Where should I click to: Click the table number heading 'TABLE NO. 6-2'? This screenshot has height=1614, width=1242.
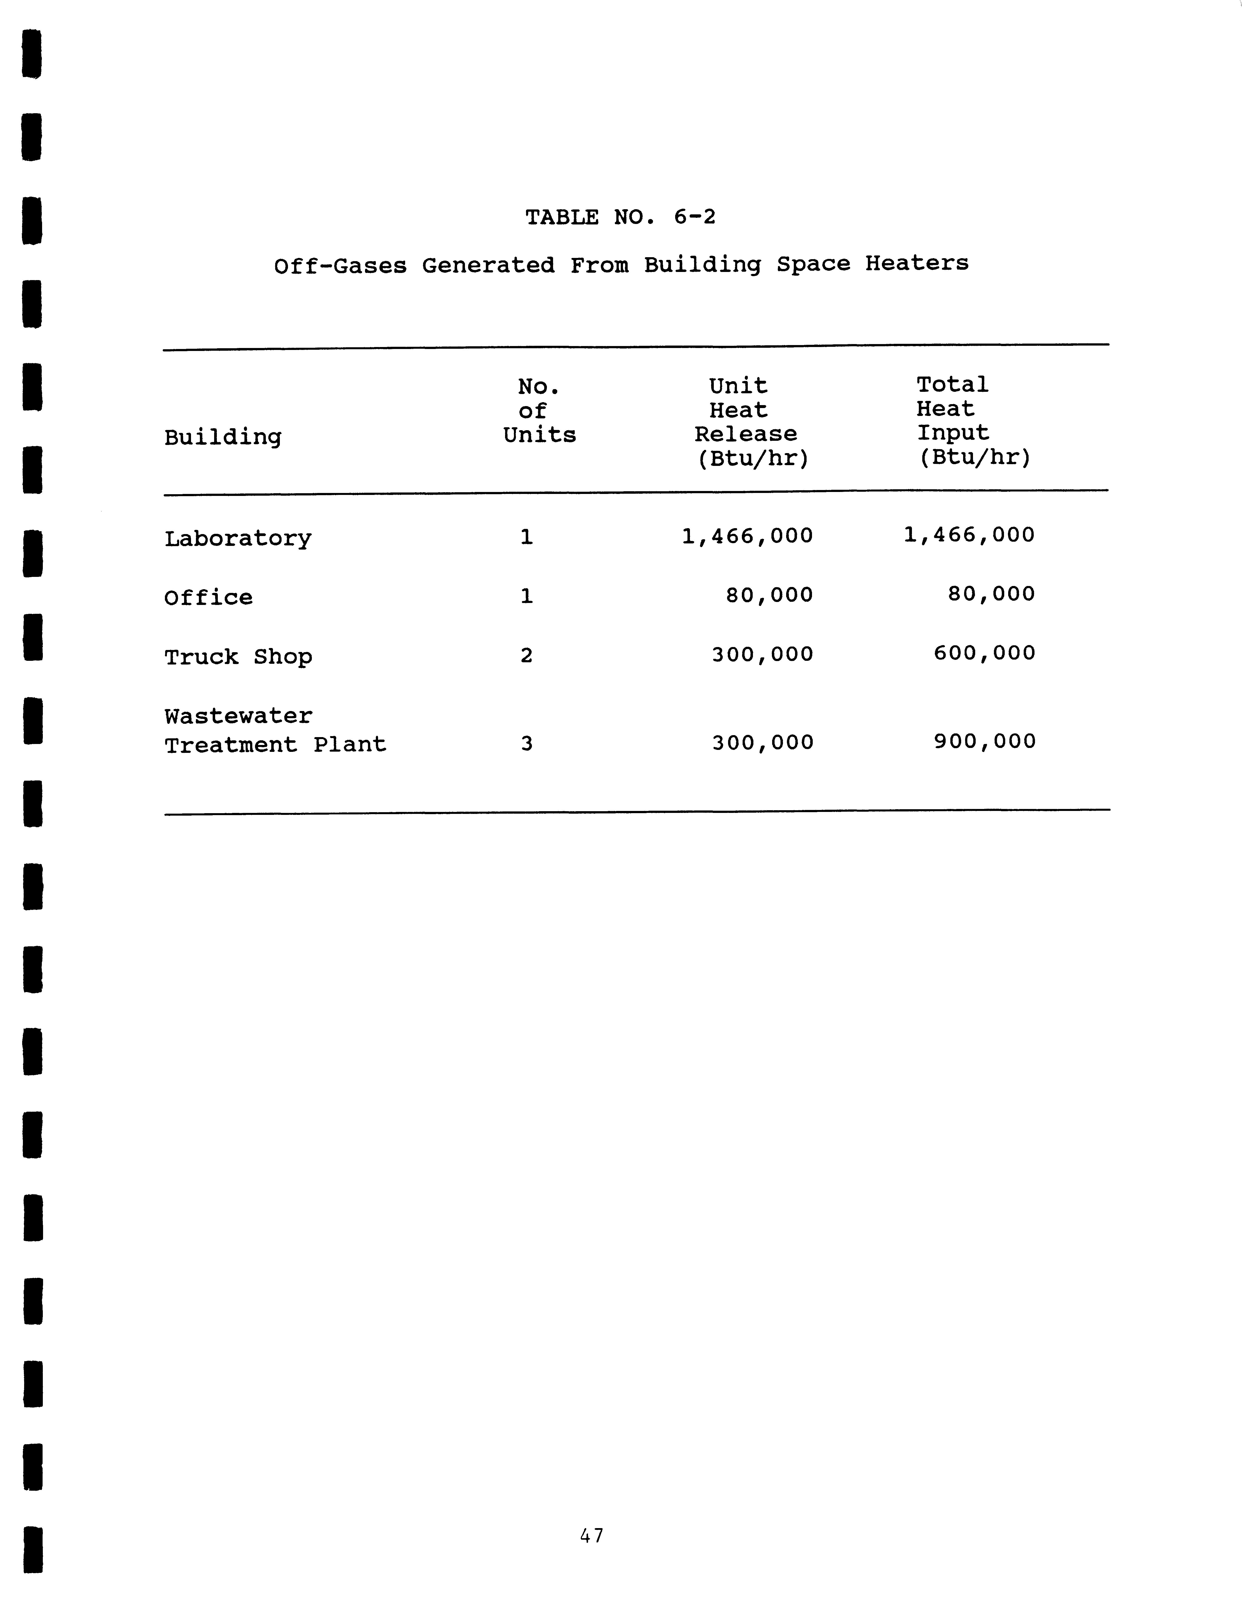(620, 217)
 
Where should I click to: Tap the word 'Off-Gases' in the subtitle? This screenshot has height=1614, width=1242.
(340, 265)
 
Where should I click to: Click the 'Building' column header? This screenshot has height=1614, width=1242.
(223, 438)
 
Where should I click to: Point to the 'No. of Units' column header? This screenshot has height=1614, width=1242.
(539, 411)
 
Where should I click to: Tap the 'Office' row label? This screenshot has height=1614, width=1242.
(208, 597)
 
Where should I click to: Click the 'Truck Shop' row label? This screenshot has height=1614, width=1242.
(238, 657)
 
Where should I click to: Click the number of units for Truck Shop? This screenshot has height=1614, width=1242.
(526, 655)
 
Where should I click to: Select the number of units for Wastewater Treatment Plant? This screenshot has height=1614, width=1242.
(526, 744)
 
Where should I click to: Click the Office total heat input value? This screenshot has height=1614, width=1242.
(991, 594)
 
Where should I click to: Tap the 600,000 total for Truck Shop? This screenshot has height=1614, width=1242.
(984, 653)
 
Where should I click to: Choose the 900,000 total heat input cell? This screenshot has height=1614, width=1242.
(985, 741)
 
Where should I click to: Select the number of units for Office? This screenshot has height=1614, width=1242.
(526, 596)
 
